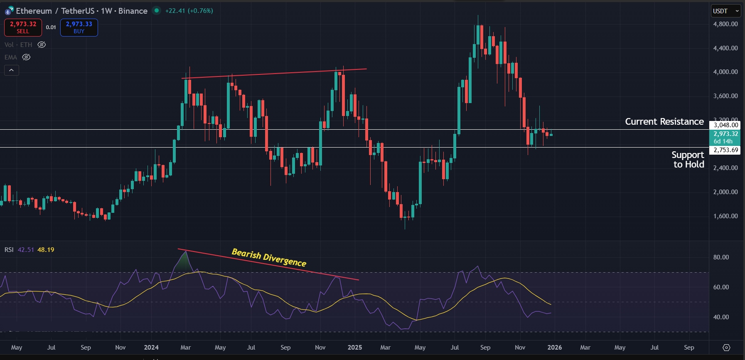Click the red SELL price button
[x=23, y=27]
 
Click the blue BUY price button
[x=79, y=27]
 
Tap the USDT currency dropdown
[x=725, y=11]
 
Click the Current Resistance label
[x=664, y=122]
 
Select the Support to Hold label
[x=688, y=160]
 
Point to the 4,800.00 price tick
[x=725, y=24]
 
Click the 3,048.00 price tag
[x=725, y=125]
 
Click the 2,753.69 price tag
[x=725, y=150]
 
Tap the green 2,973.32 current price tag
[x=725, y=134]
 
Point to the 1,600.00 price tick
[x=725, y=216]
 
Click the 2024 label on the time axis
[x=151, y=348]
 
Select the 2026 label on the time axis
[x=554, y=348]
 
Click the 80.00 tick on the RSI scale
[x=721, y=257]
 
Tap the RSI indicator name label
[x=9, y=250]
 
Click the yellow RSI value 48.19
[x=46, y=250]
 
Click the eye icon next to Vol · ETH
[x=42, y=45]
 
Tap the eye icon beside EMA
[x=26, y=57]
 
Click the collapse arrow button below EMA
[x=12, y=70]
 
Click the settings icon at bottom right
[x=726, y=348]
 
